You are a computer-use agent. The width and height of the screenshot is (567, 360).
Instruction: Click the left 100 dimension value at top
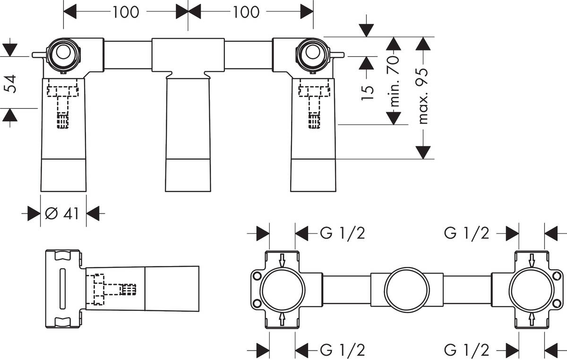pos(126,12)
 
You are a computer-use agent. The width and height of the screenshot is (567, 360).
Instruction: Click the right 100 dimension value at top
pos(246,12)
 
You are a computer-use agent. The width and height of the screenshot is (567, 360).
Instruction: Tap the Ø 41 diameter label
pos(61,214)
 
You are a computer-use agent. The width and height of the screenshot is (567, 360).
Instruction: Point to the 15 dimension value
pos(368,89)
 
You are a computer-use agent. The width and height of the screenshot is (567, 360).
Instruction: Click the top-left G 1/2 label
pos(343,233)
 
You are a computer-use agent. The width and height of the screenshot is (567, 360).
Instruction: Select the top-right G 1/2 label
pos(466,233)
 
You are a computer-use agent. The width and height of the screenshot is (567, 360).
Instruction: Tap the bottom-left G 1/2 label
pos(343,350)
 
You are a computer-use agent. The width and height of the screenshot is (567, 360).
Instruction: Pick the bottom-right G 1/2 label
pos(466,350)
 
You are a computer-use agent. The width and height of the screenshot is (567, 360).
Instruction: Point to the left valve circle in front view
pos(62,54)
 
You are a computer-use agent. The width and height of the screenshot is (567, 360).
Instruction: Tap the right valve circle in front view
pos(311,53)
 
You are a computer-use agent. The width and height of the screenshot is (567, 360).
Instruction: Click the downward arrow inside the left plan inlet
pos(282,259)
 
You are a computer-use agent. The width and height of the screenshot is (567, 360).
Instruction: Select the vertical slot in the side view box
pos(61,289)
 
